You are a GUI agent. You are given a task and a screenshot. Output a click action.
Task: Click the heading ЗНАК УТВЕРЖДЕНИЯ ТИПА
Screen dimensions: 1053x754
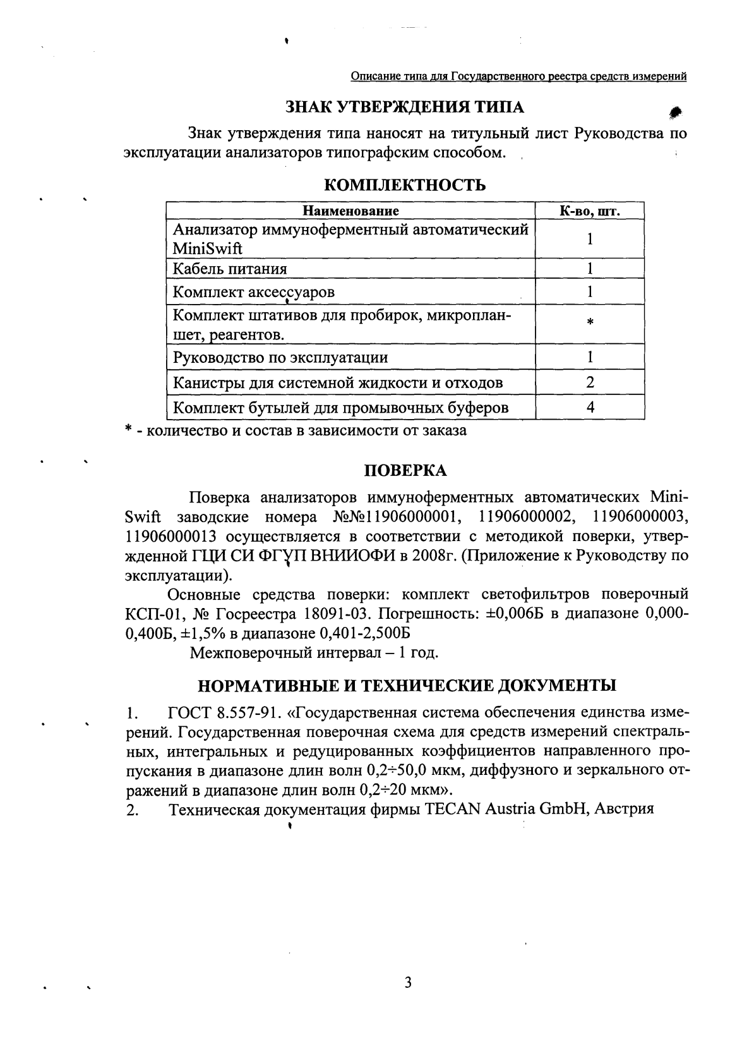405,107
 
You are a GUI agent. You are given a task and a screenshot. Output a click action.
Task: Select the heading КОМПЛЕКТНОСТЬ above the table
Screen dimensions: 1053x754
405,185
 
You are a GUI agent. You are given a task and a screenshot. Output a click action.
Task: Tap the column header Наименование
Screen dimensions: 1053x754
350,211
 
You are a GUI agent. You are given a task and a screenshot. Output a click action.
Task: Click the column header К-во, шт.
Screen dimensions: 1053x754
590,211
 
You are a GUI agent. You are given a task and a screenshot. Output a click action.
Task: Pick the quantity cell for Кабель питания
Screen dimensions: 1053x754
590,269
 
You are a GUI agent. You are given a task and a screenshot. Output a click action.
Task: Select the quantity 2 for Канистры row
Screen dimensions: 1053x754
590,382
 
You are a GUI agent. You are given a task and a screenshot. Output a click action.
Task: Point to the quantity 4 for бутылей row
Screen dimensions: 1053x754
590,408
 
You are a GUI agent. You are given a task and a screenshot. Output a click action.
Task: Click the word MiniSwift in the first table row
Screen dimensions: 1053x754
208,249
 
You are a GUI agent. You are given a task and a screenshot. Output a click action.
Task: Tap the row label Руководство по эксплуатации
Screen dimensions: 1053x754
280,358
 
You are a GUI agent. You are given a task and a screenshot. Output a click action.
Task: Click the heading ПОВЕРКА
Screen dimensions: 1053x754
405,470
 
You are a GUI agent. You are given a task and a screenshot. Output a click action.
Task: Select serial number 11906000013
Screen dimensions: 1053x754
171,537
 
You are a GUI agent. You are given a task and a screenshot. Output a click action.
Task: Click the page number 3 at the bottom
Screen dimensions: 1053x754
407,983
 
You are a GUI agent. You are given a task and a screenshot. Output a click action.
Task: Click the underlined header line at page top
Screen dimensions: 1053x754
518,77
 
